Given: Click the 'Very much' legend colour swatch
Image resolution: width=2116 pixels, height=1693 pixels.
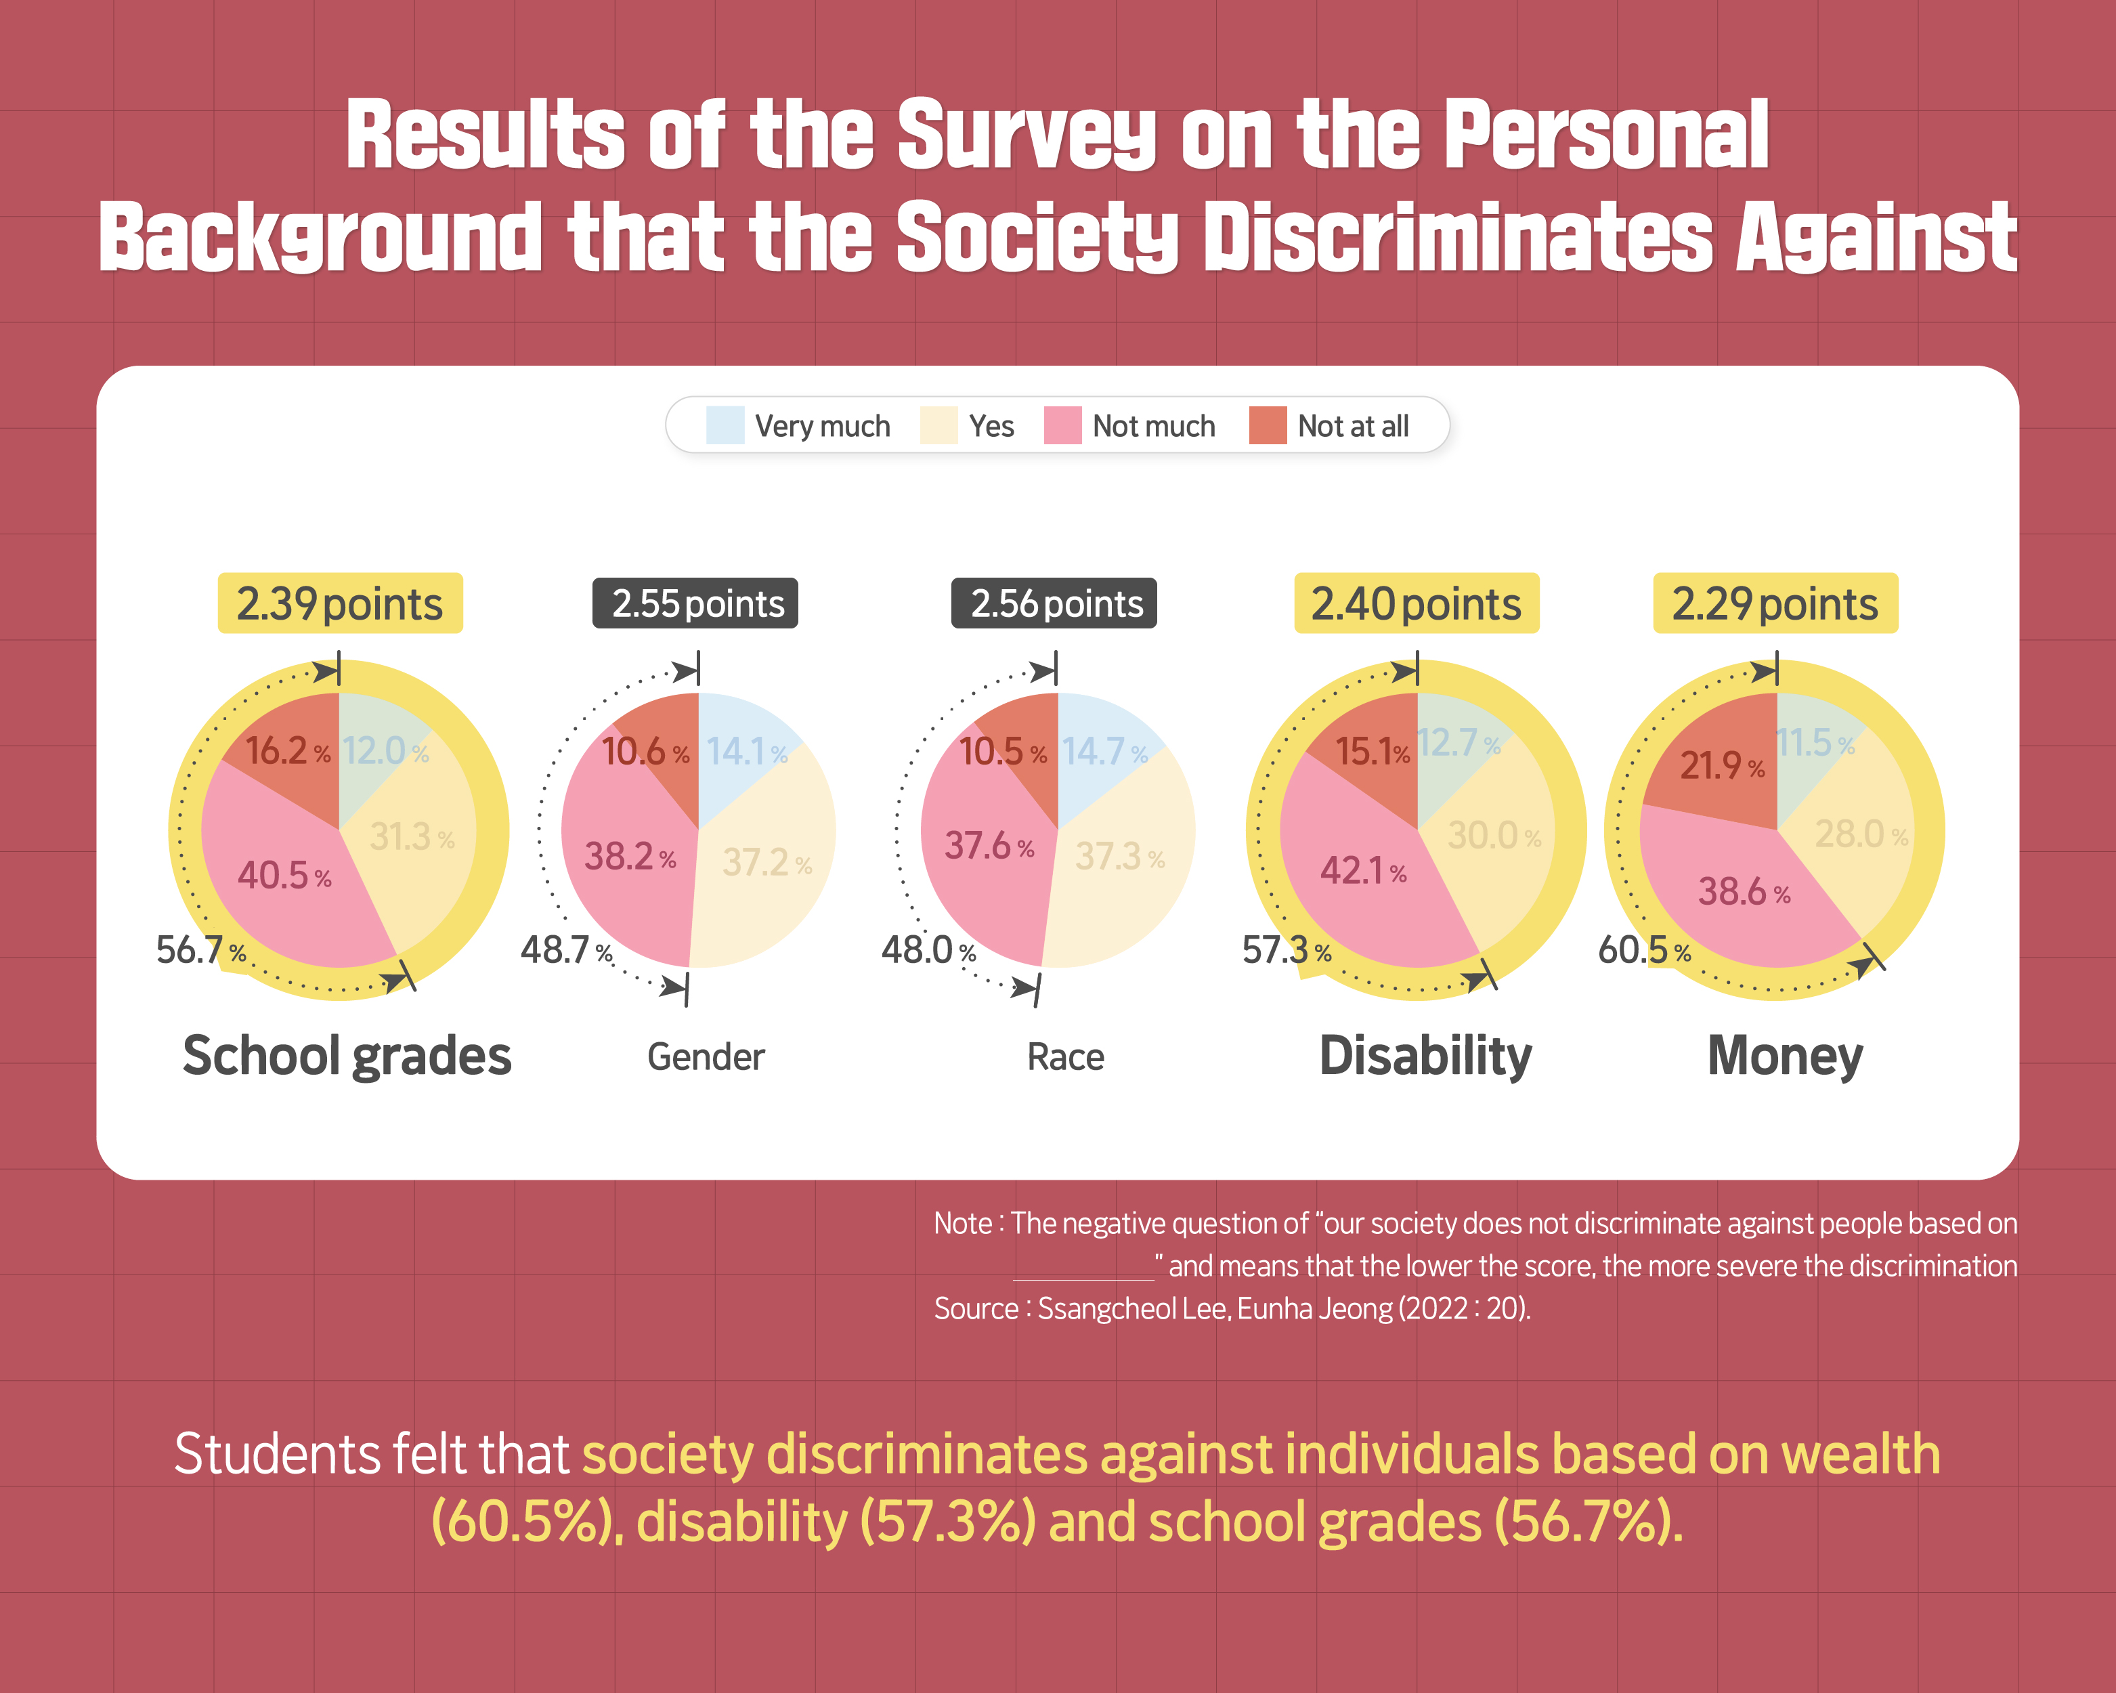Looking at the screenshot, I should click(725, 426).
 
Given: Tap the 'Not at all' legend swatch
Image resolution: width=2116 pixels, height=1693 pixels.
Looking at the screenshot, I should click(1267, 426).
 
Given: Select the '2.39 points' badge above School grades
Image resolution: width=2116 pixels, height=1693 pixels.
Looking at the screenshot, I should click(340, 603).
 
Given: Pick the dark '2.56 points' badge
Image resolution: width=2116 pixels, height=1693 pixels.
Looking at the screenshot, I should click(1054, 603).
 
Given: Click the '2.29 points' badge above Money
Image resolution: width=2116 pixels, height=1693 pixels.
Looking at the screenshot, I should click(1775, 603).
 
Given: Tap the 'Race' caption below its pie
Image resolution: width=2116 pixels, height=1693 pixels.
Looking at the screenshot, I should click(1065, 1058).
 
